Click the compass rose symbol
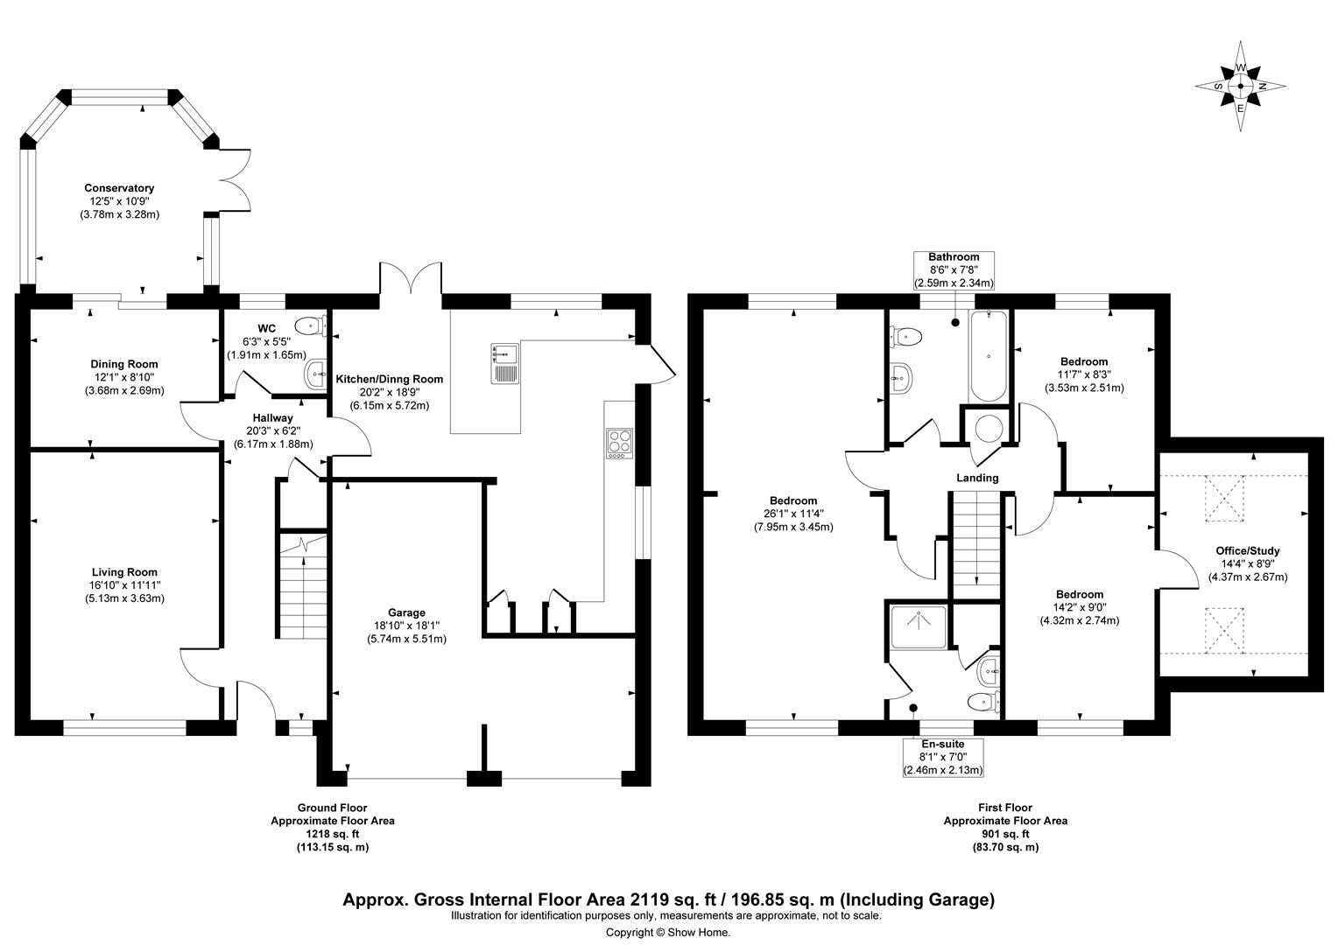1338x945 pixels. [x=1240, y=87]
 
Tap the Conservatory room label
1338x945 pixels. [x=119, y=188]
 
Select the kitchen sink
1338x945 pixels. [x=505, y=363]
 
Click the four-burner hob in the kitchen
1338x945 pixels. [x=619, y=443]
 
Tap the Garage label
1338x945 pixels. [x=406, y=612]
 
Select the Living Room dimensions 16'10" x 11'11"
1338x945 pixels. [x=122, y=585]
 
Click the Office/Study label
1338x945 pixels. [x=1247, y=550]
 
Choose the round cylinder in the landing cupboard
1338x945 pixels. [x=989, y=429]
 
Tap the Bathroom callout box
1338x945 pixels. [x=954, y=270]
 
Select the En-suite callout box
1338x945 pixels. [x=942, y=757]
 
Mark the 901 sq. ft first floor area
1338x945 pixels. [x=1004, y=834]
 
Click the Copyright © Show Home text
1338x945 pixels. [x=667, y=932]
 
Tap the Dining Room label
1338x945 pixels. [x=124, y=364]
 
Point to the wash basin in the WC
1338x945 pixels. [x=314, y=374]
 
